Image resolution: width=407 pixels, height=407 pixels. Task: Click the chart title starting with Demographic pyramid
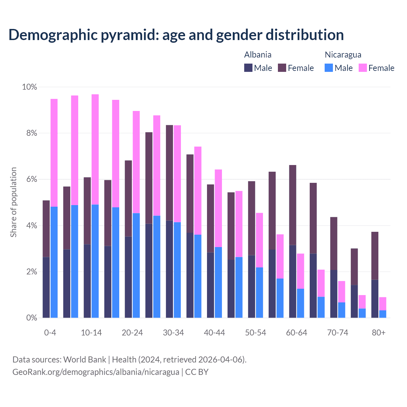pyautogui.click(x=176, y=35)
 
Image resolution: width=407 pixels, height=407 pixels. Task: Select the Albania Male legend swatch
pyautogui.click(x=248, y=68)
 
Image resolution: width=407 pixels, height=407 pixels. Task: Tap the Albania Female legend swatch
pyautogui.click(x=282, y=68)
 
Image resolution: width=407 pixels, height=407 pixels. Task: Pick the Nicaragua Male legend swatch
pyautogui.click(x=329, y=68)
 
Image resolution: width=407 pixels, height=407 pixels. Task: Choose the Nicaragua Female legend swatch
pyautogui.click(x=363, y=68)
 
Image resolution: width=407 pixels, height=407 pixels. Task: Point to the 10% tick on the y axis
pyautogui.click(x=29, y=87)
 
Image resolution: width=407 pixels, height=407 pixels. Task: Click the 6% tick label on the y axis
pyautogui.click(x=31, y=179)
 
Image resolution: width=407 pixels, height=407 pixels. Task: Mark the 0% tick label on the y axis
pyautogui.click(x=31, y=318)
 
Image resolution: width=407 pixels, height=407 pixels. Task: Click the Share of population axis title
pyautogui.click(x=13, y=202)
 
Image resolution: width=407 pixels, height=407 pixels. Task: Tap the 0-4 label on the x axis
pyautogui.click(x=50, y=333)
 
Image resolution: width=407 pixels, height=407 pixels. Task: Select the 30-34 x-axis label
pyautogui.click(x=173, y=333)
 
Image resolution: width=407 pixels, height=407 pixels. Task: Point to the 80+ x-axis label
pyautogui.click(x=378, y=333)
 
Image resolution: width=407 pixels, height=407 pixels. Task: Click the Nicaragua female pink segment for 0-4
pyautogui.click(x=54, y=153)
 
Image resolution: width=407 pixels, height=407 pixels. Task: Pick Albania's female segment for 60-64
pyautogui.click(x=293, y=205)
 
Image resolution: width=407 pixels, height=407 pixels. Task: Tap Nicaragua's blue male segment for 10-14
pyautogui.click(x=95, y=261)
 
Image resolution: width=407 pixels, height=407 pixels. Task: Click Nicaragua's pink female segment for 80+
pyautogui.click(x=383, y=304)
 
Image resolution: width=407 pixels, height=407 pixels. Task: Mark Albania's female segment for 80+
pyautogui.click(x=375, y=256)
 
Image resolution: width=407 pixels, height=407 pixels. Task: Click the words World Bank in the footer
pyautogui.click(x=85, y=360)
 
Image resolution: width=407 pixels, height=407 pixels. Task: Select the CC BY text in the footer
pyautogui.click(x=197, y=372)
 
